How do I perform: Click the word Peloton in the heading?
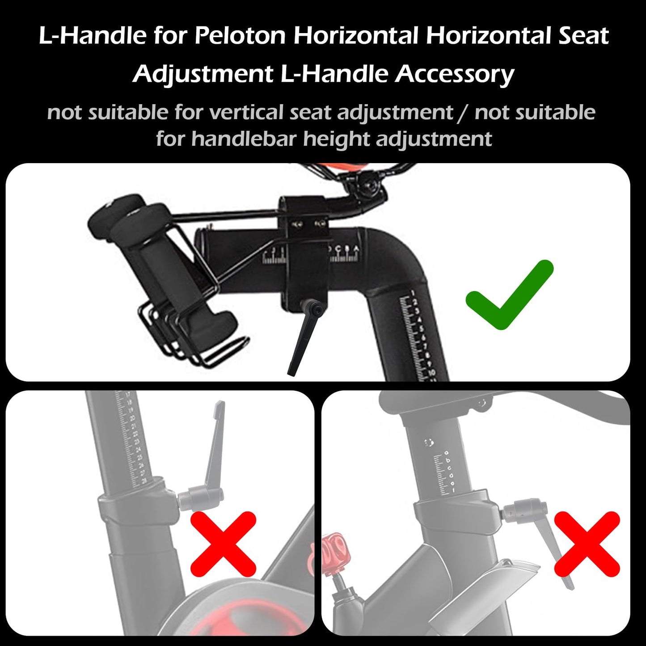240,36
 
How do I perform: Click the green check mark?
509,295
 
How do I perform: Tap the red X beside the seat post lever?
223,544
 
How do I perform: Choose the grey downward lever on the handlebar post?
554,545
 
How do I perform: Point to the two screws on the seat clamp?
308,223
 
